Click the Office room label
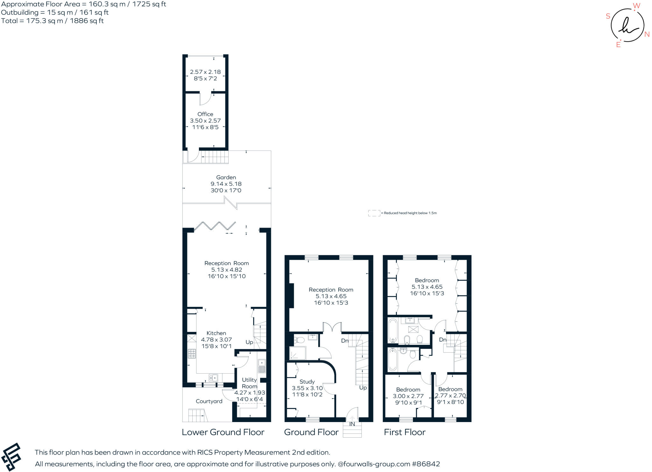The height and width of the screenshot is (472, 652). pyautogui.click(x=205, y=114)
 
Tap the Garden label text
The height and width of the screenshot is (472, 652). pyautogui.click(x=226, y=177)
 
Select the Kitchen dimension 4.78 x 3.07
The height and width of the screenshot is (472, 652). pyautogui.click(x=216, y=340)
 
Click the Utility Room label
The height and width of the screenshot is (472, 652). pyautogui.click(x=249, y=383)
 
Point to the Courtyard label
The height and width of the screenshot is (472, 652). pyautogui.click(x=209, y=401)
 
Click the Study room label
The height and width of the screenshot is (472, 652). pyautogui.click(x=307, y=382)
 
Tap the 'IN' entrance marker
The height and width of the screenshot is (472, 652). pyautogui.click(x=352, y=424)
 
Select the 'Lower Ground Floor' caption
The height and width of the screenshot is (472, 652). pyautogui.click(x=223, y=432)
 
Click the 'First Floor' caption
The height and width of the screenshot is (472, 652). pyautogui.click(x=404, y=432)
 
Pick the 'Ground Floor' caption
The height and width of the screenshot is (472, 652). pyautogui.click(x=311, y=432)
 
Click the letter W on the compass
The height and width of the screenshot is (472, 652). pyautogui.click(x=636, y=6)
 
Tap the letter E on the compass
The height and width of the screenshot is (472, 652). pyautogui.click(x=618, y=45)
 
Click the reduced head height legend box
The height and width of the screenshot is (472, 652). pyautogui.click(x=374, y=213)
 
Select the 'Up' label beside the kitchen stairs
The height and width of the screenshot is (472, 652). pyautogui.click(x=249, y=342)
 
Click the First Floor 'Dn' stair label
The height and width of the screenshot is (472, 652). pyautogui.click(x=443, y=340)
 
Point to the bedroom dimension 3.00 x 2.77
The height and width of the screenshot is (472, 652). pyautogui.click(x=408, y=396)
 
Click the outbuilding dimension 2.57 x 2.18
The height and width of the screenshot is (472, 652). pyautogui.click(x=205, y=72)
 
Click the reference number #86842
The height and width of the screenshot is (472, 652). pyautogui.click(x=426, y=464)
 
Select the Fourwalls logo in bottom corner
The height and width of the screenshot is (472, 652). pyautogui.click(x=11, y=457)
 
